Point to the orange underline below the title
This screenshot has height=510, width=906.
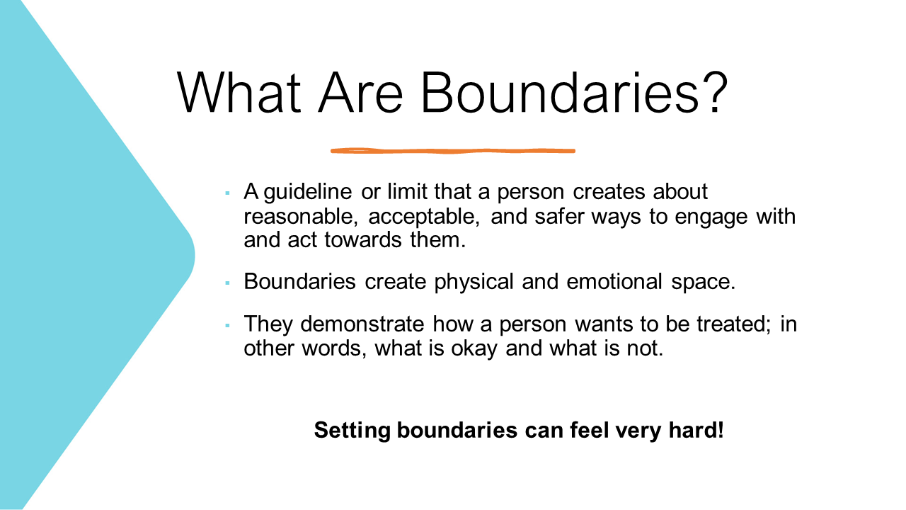pos(453,151)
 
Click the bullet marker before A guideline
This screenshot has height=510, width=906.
pos(227,193)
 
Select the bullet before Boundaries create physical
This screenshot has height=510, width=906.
pos(227,283)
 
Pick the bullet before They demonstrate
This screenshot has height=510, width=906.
pos(227,325)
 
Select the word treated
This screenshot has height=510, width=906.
pos(730,324)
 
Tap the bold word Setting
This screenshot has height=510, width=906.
pos(352,430)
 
